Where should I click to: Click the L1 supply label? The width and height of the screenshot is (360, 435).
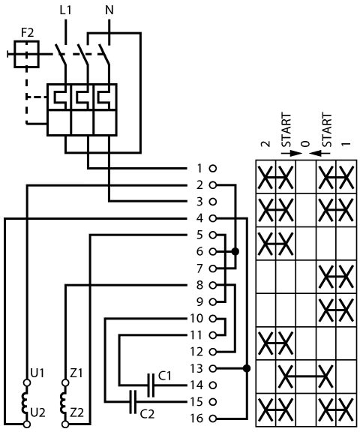[65, 10]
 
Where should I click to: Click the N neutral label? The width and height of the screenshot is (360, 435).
[109, 10]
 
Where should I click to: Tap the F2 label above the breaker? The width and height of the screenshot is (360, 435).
[27, 33]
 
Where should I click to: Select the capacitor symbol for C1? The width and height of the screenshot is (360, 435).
[151, 385]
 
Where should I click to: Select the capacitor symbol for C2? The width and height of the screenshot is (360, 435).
[133, 402]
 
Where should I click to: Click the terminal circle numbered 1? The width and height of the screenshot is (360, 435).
[213, 169]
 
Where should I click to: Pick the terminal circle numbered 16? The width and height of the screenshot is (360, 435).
[213, 418]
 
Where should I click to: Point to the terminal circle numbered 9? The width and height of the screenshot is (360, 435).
[213, 301]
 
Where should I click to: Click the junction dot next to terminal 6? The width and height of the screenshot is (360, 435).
[235, 251]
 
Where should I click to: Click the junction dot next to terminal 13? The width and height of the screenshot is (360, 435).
[247, 368]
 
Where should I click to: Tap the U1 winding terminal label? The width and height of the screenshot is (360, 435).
[37, 373]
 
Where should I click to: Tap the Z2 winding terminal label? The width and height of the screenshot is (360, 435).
[76, 413]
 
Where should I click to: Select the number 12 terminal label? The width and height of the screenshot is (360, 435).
[196, 352]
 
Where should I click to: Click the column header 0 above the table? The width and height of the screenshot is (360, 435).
[305, 144]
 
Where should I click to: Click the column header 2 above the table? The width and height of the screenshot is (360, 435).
[265, 144]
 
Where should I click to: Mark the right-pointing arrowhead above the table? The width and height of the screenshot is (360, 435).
[296, 154]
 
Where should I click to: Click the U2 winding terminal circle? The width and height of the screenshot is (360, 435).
[27, 424]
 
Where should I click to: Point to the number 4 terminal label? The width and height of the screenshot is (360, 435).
[199, 218]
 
